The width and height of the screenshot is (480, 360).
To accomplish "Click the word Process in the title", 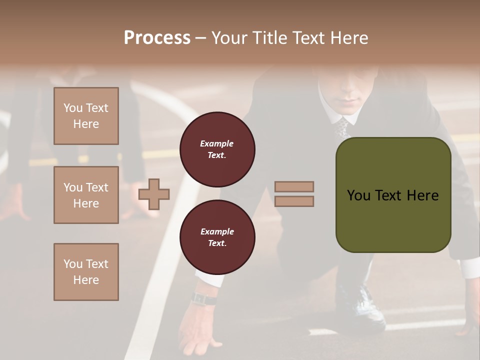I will [157, 38].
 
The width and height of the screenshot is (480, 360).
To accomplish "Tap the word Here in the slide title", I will [349, 38].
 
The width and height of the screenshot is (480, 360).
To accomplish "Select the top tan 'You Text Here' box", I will [86, 116].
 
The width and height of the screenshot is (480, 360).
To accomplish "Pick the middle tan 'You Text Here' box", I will [86, 195].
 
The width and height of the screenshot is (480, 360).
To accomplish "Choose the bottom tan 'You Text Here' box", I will [86, 272].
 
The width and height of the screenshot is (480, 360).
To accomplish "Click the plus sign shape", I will [154, 194].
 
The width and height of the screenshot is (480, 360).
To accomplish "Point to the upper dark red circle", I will [217, 149].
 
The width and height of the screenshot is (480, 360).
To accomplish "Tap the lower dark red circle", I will [217, 237].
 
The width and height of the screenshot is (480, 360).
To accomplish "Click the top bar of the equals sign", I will [294, 186].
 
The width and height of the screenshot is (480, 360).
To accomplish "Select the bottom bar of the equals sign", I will [294, 201].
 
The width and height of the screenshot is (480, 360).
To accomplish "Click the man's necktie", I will [342, 127].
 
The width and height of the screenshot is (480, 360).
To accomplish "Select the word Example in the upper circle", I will [217, 143].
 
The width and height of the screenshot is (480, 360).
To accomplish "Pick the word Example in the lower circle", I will [217, 231].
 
